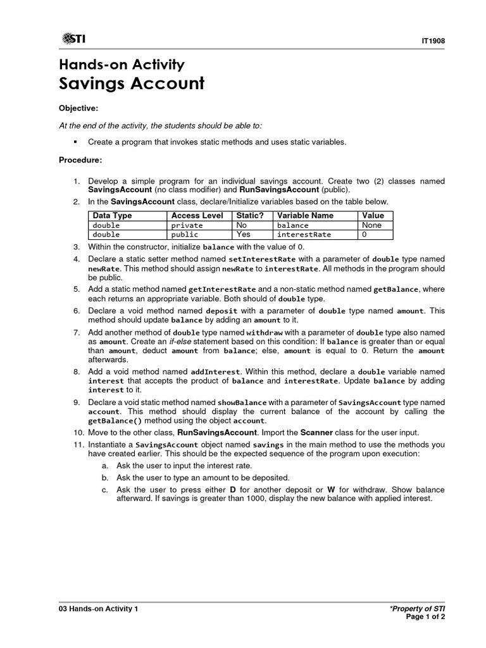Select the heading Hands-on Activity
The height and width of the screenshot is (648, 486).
pyautogui.click(x=121, y=64)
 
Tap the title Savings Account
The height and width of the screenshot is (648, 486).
pyautogui.click(x=132, y=84)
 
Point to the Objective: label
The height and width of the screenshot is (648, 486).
pyautogui.click(x=78, y=109)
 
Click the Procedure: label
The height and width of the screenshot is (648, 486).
pyautogui.click(x=80, y=159)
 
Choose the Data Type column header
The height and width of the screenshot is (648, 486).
pyautogui.click(x=112, y=216)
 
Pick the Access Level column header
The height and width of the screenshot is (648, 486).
pyautogui.click(x=197, y=216)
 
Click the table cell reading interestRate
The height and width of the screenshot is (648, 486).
pyautogui.click(x=304, y=234)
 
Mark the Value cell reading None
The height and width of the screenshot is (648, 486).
pyautogui.click(x=371, y=225)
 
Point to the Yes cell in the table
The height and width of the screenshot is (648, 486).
pyautogui.click(x=243, y=234)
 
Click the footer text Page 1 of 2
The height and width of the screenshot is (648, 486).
pyautogui.click(x=427, y=617)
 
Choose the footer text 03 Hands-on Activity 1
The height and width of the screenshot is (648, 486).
pyautogui.click(x=98, y=609)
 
